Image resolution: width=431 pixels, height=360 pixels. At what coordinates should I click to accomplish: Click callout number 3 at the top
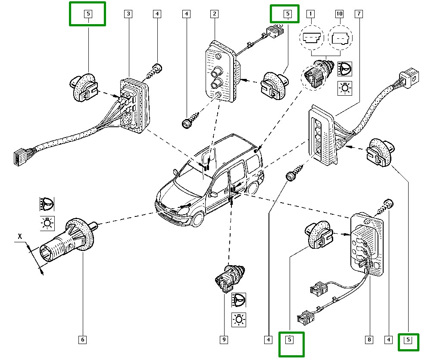[128, 14]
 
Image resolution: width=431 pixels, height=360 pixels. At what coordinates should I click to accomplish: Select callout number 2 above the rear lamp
[214, 14]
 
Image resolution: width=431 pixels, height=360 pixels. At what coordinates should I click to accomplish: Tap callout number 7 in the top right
[358, 14]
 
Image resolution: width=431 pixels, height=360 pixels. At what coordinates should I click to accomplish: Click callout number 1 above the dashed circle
[309, 14]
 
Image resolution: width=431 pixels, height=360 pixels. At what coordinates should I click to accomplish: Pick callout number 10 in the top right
[339, 14]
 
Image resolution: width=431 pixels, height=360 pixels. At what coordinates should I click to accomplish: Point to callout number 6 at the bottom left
[82, 340]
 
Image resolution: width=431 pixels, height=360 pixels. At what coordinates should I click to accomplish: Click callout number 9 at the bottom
[224, 340]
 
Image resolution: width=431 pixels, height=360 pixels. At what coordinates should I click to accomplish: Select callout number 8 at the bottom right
[369, 340]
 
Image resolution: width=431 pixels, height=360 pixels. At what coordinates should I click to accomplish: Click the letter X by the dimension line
[19, 237]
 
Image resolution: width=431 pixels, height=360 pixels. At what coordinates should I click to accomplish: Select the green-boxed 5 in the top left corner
[87, 14]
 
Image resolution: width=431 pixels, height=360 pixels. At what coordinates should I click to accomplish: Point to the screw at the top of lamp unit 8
[388, 205]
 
